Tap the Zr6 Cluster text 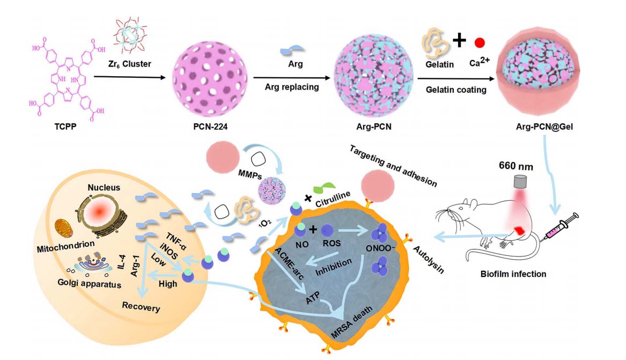pyautogui.click(x=131, y=64)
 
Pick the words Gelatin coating pyautogui.click(x=456, y=90)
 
